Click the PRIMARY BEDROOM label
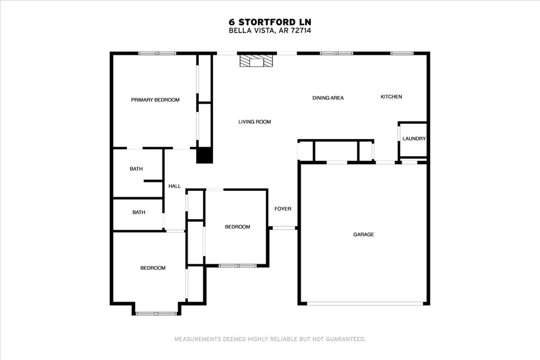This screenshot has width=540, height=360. click(155, 100)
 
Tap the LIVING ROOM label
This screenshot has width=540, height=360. click(255, 122)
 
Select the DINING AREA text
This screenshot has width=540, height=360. click(328, 98)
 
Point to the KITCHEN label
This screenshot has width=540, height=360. click(391, 96)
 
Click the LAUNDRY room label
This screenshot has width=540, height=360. click(414, 139)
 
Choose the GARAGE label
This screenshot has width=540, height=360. click(363, 234)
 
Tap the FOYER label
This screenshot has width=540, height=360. click(283, 209)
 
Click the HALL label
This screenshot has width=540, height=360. click(175, 186)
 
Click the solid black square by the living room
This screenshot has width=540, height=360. click(204, 155)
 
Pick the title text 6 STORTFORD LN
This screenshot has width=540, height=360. click(270, 22)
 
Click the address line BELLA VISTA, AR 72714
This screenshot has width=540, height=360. click(270, 30)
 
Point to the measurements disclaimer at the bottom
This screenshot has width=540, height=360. click(270, 339)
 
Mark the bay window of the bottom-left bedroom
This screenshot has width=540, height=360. click(156, 313)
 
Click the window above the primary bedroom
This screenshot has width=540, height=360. click(157, 53)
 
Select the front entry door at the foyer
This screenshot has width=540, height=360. click(283, 228)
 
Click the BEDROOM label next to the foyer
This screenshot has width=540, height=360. click(237, 227)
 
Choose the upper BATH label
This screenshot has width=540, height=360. click(136, 169)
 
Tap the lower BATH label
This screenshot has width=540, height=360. click(139, 212)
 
